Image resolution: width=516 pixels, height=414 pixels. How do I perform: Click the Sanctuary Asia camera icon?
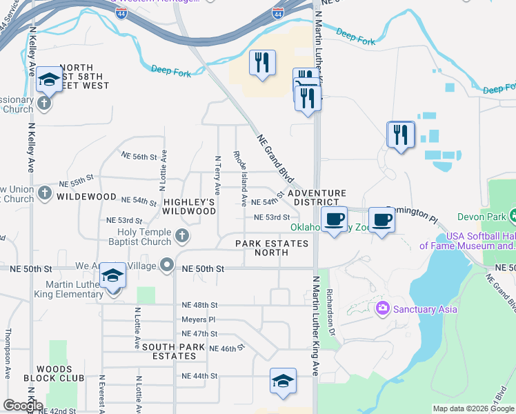(x=382, y=308)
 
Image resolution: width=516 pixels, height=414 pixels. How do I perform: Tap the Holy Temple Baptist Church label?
(x=144, y=237)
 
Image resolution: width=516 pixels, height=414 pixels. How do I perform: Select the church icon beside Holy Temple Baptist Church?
(x=181, y=237)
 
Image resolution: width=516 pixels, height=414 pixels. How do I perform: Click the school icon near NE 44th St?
(x=283, y=381)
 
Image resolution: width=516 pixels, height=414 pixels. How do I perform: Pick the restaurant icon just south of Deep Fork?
(x=262, y=63)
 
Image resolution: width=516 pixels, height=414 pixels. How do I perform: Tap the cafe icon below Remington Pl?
(x=381, y=220)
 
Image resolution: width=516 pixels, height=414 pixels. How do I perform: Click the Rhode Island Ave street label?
(x=239, y=178)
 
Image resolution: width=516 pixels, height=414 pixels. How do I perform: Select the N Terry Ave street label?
(x=217, y=175)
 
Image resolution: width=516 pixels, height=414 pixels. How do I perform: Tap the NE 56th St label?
(x=140, y=157)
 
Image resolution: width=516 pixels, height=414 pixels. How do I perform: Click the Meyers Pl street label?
(x=199, y=319)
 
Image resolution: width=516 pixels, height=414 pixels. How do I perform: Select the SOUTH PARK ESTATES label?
(x=165, y=351)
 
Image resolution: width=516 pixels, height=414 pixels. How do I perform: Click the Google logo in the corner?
(x=23, y=405)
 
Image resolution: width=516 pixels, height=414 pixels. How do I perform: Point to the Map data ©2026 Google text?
(x=473, y=408)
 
